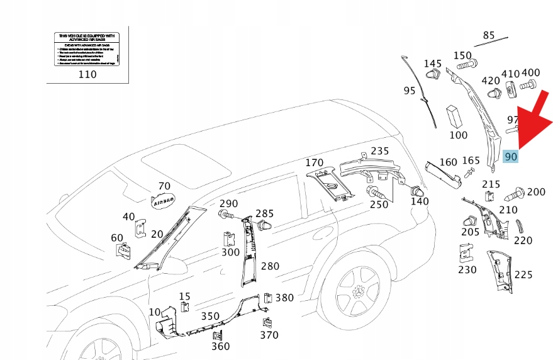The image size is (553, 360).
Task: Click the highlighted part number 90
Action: [511, 155]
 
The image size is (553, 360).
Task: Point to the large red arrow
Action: [531, 123]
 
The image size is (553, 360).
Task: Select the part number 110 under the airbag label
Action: [87, 74]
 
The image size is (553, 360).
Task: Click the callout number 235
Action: [379, 151]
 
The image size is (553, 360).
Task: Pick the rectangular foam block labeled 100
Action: [455, 117]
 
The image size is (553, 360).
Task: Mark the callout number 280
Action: [270, 266]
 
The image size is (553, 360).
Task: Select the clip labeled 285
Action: [264, 224]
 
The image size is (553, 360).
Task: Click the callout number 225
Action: [523, 274]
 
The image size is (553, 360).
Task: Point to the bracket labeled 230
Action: [466, 254]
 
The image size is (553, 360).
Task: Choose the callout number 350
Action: [210, 316]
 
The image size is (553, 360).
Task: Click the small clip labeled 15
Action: [185, 307]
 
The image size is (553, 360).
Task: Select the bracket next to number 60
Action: [123, 250]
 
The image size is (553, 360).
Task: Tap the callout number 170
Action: [315, 163]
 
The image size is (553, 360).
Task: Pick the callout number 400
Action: [531, 73]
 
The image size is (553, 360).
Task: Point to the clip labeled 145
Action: [432, 77]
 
